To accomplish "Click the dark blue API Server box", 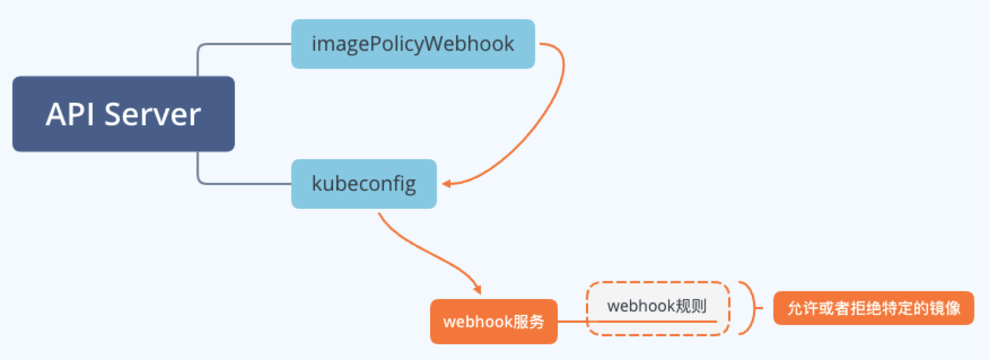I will (123, 114).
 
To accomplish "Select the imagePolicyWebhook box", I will (413, 44).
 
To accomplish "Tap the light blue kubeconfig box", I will (364, 184).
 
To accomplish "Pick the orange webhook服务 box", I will (493, 322).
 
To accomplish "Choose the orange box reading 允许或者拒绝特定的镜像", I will (873, 308).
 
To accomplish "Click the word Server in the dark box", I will (152, 114).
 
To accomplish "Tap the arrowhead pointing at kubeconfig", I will (447, 184).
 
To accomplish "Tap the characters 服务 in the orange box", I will (529, 322).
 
